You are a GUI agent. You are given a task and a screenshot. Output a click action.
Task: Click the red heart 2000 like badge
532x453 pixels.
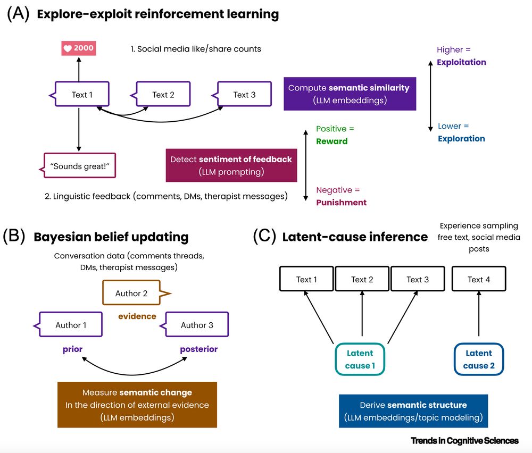pyautogui.click(x=79, y=48)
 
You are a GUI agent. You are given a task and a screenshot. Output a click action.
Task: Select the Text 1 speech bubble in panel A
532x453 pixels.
pyautogui.click(x=82, y=95)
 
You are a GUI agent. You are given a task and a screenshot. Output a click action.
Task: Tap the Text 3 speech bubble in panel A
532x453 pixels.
pyautogui.click(x=244, y=95)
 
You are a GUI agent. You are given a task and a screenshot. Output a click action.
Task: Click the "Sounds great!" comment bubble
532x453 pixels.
pyautogui.click(x=79, y=166)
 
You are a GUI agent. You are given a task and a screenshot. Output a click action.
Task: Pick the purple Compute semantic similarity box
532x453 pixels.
pyautogui.click(x=350, y=93)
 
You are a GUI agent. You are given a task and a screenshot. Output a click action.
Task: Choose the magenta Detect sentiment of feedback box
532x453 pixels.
pyautogui.click(x=231, y=165)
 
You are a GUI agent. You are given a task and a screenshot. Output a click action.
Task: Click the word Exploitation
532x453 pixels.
pyautogui.click(x=461, y=62)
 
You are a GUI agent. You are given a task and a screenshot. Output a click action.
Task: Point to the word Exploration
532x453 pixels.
pyautogui.click(x=461, y=139)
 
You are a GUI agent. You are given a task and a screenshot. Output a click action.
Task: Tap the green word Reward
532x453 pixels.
pyautogui.click(x=331, y=141)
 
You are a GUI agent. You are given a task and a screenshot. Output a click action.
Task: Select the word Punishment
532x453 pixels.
pyautogui.click(x=341, y=203)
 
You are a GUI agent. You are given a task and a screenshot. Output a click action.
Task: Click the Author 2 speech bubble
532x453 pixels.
pyautogui.click(x=131, y=293)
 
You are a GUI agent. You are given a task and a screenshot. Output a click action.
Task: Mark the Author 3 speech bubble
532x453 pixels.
pyautogui.click(x=197, y=325)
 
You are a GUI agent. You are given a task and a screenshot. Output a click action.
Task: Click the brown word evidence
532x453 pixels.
pyautogui.click(x=137, y=316)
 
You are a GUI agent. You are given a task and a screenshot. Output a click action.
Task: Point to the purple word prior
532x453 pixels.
pyautogui.click(x=72, y=349)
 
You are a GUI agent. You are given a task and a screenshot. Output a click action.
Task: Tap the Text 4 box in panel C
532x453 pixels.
pyautogui.click(x=479, y=280)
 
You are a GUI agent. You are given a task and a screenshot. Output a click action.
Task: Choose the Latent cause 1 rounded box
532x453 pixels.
pyautogui.click(x=360, y=359)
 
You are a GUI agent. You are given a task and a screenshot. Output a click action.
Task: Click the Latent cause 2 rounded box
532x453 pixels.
pyautogui.click(x=479, y=359)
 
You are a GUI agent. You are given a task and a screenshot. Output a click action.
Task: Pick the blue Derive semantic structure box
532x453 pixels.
pyautogui.click(x=413, y=411)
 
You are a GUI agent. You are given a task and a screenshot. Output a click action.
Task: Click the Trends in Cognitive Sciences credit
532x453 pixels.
pyautogui.click(x=464, y=441)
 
